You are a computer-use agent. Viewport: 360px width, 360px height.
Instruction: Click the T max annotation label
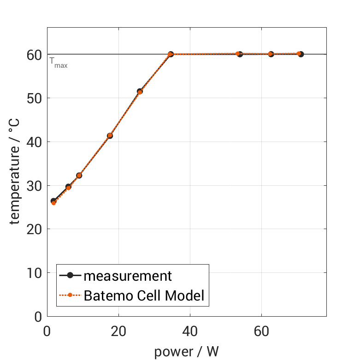[x=59, y=63]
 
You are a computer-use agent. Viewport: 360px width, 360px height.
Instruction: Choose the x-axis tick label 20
[x=118, y=332]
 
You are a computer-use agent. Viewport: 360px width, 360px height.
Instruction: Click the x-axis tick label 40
[x=190, y=332]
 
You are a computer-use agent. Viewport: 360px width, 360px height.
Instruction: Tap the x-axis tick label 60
[x=261, y=332]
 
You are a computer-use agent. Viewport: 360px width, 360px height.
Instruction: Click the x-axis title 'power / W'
[x=186, y=352]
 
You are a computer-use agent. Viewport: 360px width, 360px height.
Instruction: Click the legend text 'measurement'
[x=128, y=276]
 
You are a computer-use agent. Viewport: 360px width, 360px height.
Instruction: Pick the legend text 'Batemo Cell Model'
[x=144, y=295]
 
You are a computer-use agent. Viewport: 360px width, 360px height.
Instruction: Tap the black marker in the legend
[x=70, y=276]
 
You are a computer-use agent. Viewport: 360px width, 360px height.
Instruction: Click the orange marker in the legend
[x=70, y=295]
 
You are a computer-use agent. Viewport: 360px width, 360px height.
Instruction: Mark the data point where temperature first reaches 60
[x=171, y=54]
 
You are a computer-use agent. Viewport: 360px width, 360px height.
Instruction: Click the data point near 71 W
[x=301, y=54]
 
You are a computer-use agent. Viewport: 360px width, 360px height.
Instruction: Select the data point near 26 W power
[x=140, y=92]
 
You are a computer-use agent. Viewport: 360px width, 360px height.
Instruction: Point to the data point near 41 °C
[x=110, y=136]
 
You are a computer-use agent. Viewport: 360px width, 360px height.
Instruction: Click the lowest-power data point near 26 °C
[x=53, y=201]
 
